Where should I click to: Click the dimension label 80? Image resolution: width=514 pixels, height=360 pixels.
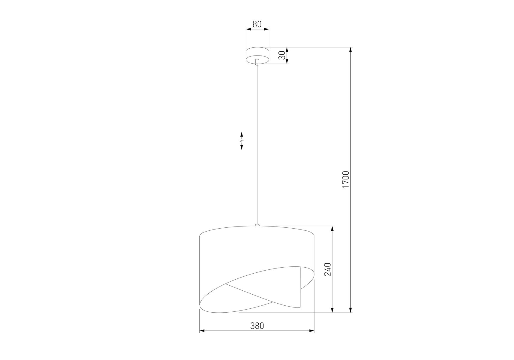pyautogui.click(x=257, y=24)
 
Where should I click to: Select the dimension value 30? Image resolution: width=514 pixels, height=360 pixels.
pyautogui.click(x=282, y=55)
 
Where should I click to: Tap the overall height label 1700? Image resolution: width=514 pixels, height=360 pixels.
pyautogui.click(x=346, y=179)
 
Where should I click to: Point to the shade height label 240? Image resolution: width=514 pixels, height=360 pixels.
pyautogui.click(x=327, y=269)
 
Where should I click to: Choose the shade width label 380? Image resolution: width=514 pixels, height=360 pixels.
pyautogui.click(x=257, y=325)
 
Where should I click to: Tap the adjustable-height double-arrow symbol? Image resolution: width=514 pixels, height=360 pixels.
pyautogui.click(x=242, y=140)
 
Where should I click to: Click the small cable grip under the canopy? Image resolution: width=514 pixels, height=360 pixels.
pyautogui.click(x=257, y=62)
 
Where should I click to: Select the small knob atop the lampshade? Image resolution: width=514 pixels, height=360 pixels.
pyautogui.click(x=257, y=224)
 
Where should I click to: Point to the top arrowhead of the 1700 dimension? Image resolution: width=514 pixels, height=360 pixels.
pyautogui.click(x=350, y=50)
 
